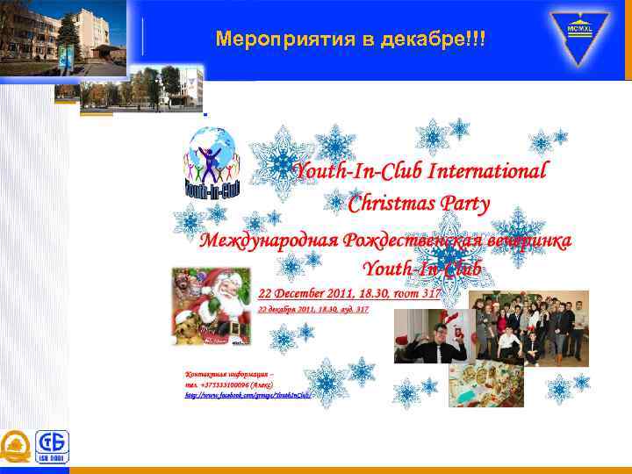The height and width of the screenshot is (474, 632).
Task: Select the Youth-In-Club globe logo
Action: coord(212,164)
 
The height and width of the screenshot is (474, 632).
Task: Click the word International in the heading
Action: coord(490,170)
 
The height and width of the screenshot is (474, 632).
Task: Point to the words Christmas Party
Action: coord(419,205)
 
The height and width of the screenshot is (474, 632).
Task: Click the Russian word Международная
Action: coord(267,241)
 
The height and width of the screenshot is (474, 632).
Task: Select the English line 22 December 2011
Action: coord(348,293)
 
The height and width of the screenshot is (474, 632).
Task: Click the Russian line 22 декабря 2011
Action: coord(313,310)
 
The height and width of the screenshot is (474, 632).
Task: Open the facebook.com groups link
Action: coord(248,396)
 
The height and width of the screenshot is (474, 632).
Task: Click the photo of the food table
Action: coord(485,385)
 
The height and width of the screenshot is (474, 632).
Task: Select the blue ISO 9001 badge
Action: coord(52,447)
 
